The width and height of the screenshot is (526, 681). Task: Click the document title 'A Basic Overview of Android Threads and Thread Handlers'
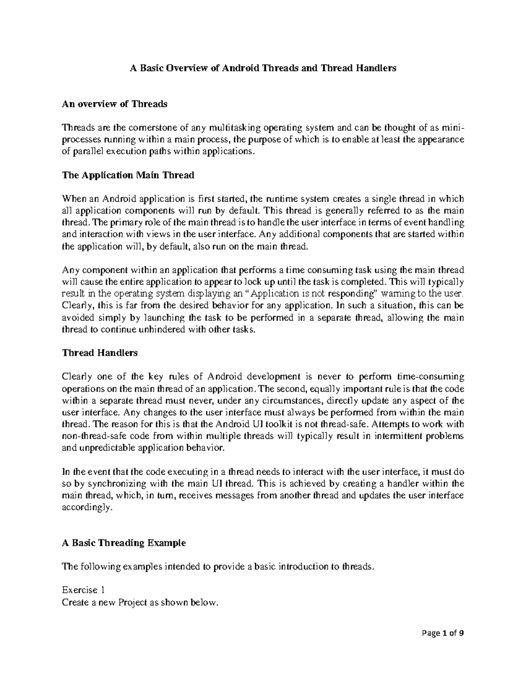pyautogui.click(x=262, y=68)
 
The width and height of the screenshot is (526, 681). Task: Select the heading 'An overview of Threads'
pyautogui.click(x=114, y=104)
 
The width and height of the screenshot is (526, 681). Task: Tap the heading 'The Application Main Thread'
pyautogui.click(x=128, y=175)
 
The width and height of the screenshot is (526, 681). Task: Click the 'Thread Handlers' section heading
pyautogui.click(x=100, y=353)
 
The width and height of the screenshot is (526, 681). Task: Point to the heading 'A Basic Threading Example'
pyautogui.click(x=124, y=543)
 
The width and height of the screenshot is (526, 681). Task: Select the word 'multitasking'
pyautogui.click(x=235, y=128)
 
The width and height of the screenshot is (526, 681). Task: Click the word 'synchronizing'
pyautogui.click(x=118, y=484)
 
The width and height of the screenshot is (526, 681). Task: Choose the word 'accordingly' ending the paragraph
pyautogui.click(x=83, y=508)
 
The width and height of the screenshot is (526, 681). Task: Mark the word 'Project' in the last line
pyautogui.click(x=133, y=603)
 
